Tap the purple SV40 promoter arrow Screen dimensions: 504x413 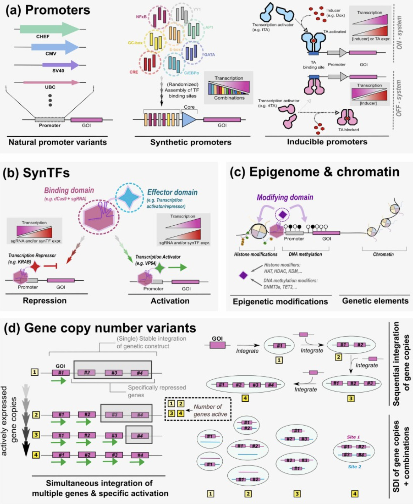(x=60, y=65)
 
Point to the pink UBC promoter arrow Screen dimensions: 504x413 (x=51, y=82)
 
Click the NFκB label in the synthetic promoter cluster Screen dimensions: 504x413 (x=141, y=17)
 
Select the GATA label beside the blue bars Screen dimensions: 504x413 (x=209, y=55)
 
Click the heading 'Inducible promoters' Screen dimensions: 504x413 (x=327, y=142)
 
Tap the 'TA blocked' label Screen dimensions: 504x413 (x=348, y=130)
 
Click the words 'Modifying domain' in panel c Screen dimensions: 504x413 (x=285, y=197)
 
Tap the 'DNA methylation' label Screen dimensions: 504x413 (x=305, y=254)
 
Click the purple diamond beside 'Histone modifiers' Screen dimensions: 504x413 (x=243, y=275)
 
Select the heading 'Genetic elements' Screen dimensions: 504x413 (x=375, y=301)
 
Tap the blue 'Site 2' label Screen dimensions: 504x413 (x=354, y=467)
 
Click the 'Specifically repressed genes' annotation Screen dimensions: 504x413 (x=157, y=391)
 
